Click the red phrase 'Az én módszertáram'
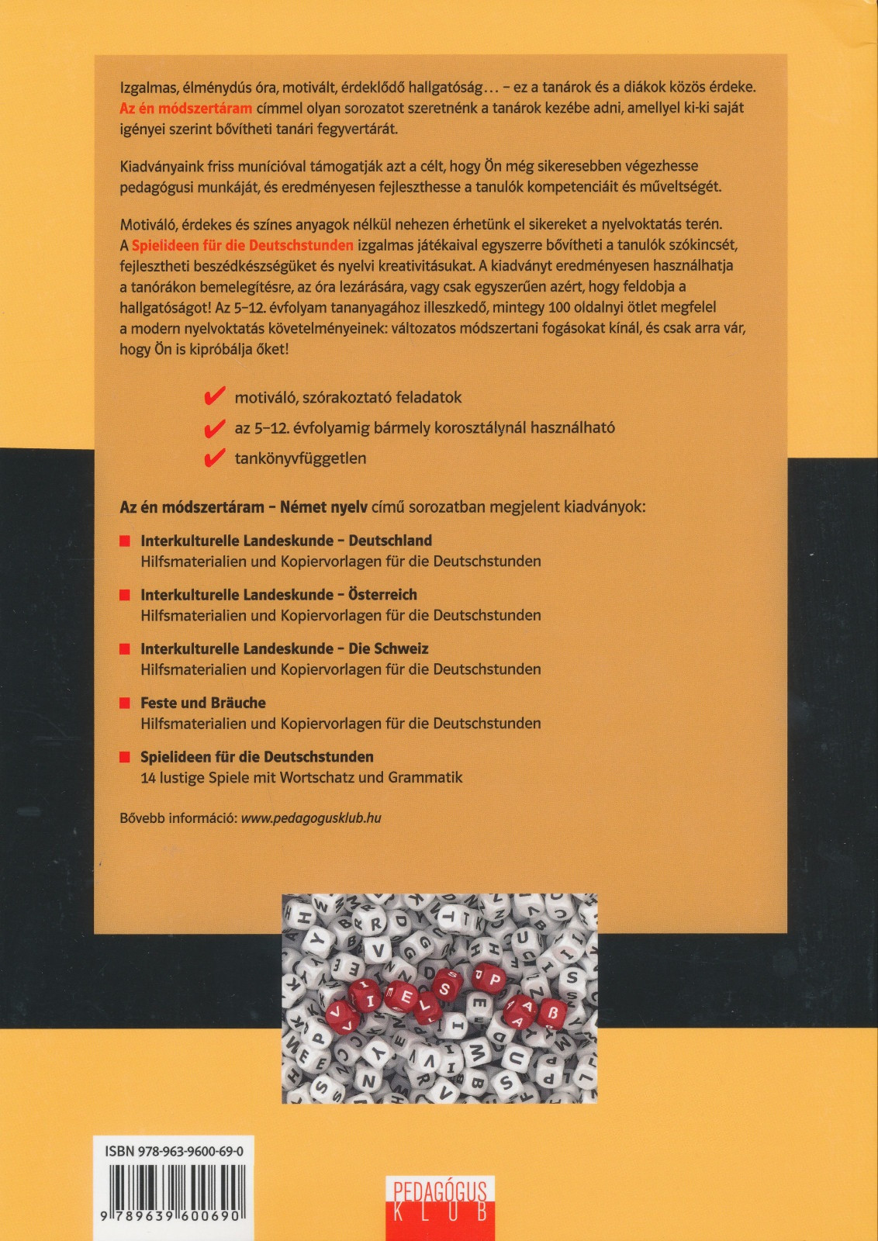186,109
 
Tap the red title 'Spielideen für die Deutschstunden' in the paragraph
242,246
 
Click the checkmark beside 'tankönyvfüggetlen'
213,458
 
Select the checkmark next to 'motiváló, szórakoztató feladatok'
213,397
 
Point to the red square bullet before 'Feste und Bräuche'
124,703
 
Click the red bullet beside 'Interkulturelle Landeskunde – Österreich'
124,595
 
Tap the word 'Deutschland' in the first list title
390,541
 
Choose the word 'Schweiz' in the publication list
400,648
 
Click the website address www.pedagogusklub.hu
311,818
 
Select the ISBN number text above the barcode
174,1152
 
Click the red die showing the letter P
494,980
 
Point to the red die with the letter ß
552,1013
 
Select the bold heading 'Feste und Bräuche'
203,703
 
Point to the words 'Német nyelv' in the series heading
323,507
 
